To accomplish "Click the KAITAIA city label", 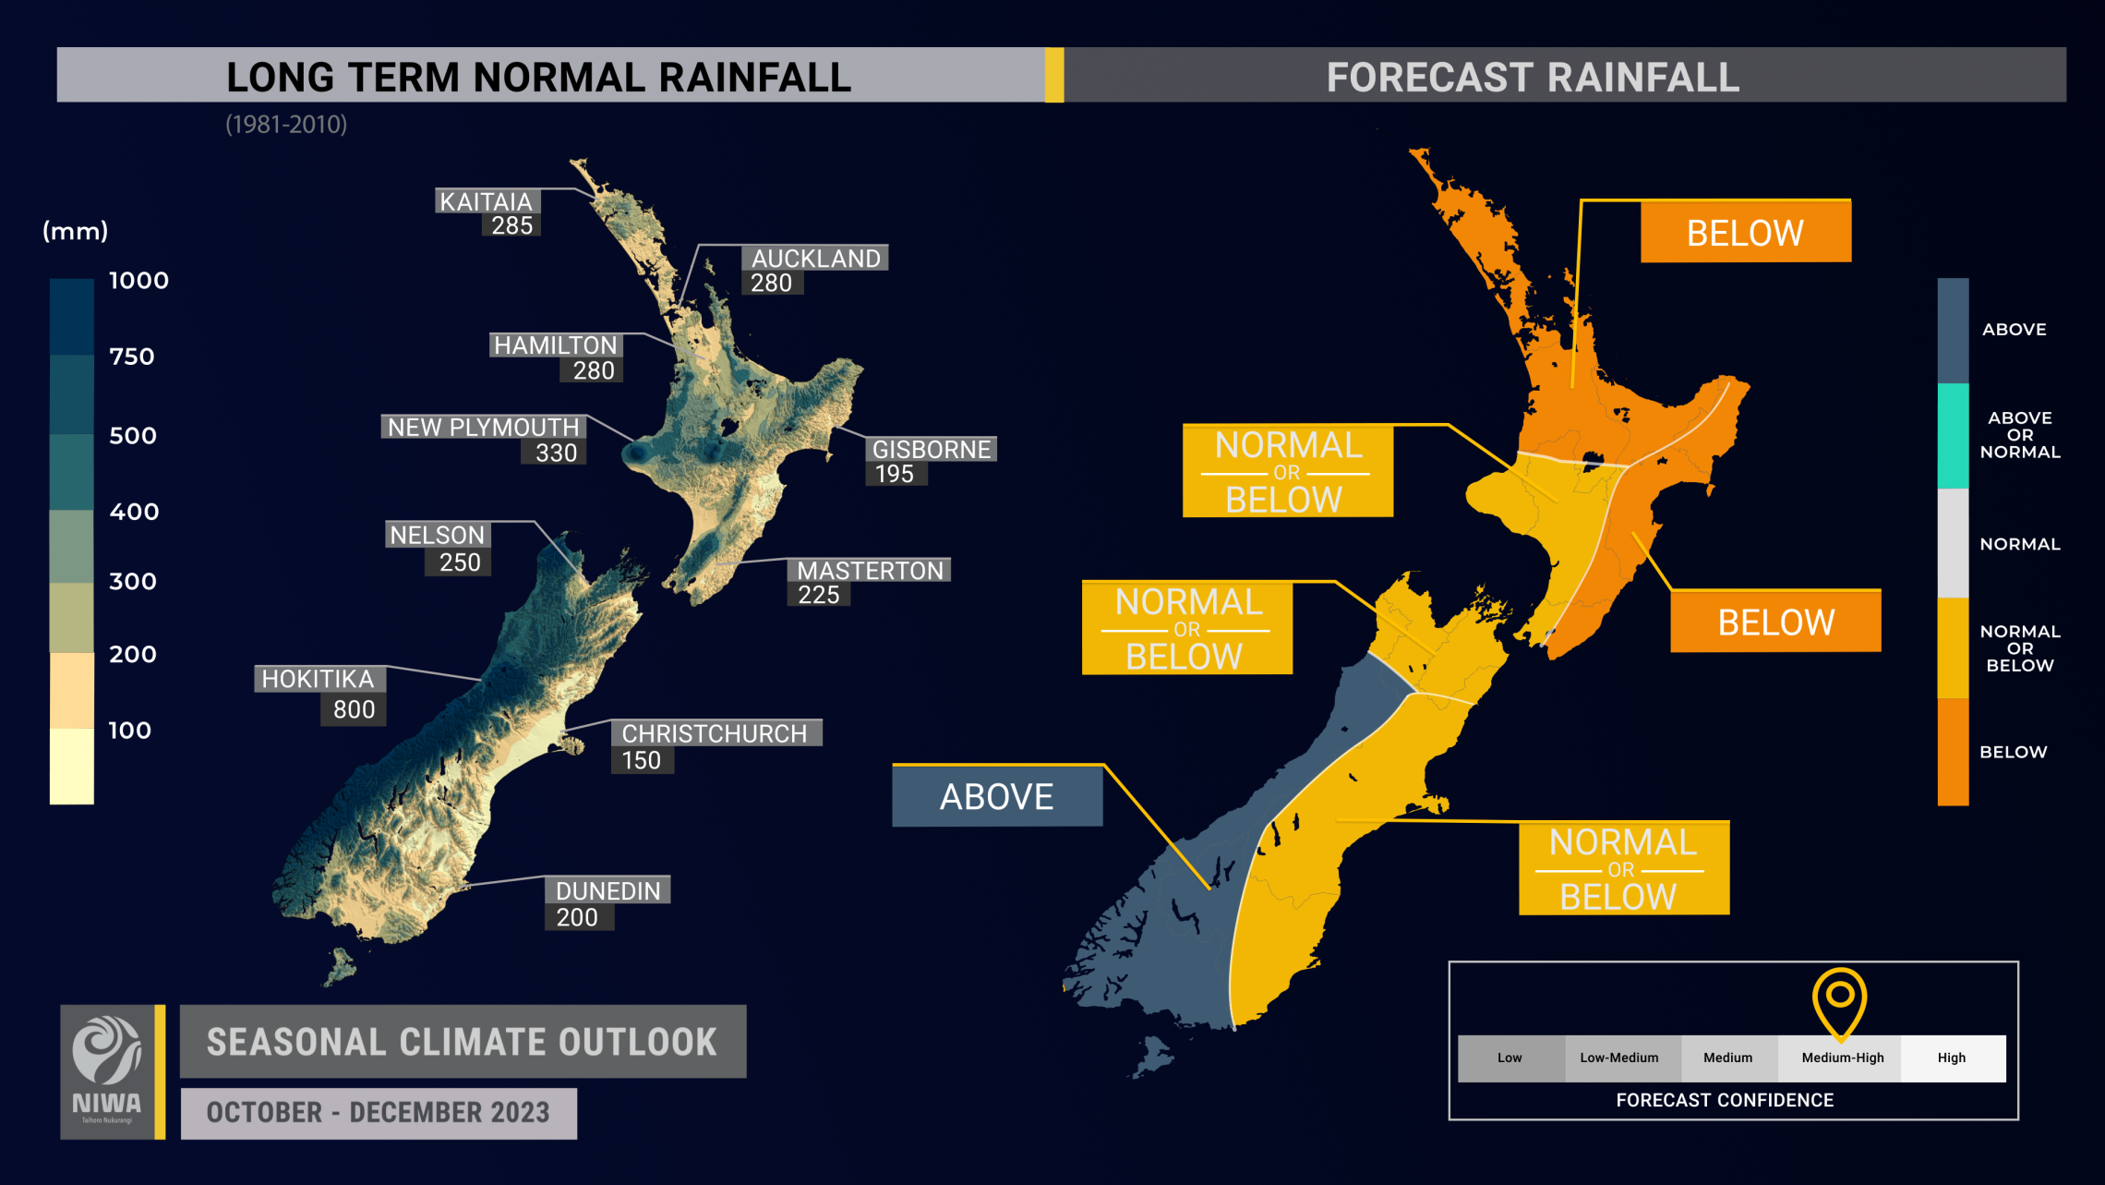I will (486, 201).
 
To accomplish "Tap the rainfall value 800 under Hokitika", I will (354, 709).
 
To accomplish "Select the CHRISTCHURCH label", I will (715, 733).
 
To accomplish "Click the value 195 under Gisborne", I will (894, 474).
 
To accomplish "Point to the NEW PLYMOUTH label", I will (483, 427).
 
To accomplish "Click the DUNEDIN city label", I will (607, 890).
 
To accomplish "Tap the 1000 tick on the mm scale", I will (138, 281).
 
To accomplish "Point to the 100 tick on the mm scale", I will (129, 731).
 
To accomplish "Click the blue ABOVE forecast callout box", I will (996, 796).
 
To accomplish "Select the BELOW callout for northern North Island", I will (1745, 233).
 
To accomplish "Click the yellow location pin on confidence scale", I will (1839, 999).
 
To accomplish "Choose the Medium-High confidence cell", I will (1842, 1058).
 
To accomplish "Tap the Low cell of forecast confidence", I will (1510, 1058).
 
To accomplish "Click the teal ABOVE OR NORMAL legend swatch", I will (1953, 435).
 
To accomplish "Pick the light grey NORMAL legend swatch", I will (1953, 543).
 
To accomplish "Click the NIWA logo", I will (107, 1071).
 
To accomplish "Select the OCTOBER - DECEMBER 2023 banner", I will (379, 1113).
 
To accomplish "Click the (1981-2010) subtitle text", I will (286, 125).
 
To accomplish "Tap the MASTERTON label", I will (870, 571).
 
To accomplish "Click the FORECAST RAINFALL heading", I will (1533, 77).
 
